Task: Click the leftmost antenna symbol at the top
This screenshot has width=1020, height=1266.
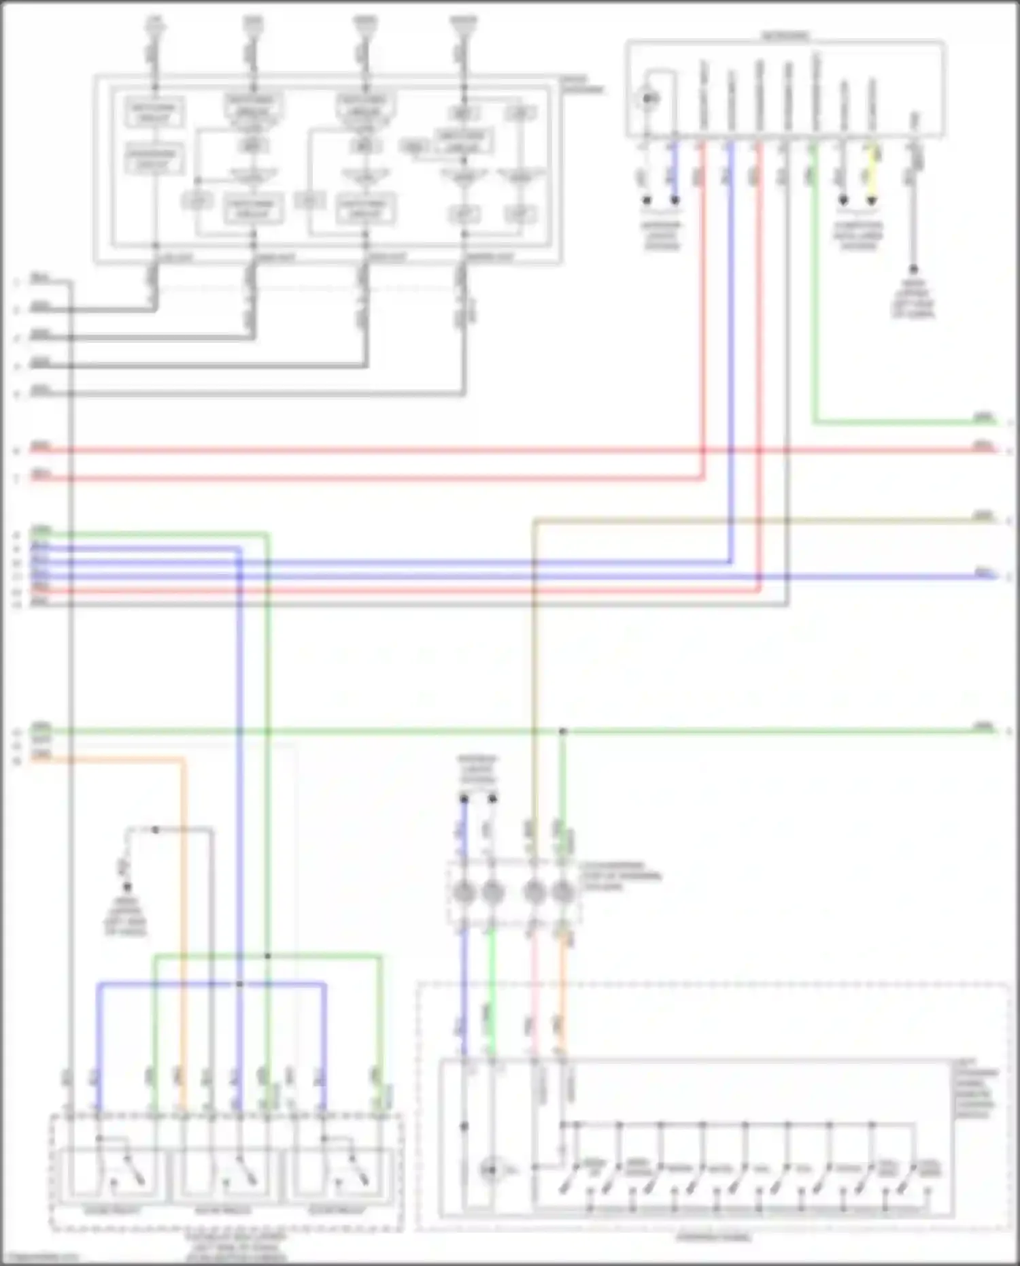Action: [x=154, y=24]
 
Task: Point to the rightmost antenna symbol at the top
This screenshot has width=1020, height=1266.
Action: [x=463, y=24]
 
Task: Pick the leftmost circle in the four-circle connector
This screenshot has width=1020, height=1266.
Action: [x=464, y=890]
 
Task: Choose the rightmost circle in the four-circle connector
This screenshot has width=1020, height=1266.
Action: [x=562, y=890]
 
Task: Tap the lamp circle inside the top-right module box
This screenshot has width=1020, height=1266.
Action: [x=649, y=99]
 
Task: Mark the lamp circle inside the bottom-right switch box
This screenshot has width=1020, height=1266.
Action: [x=490, y=1170]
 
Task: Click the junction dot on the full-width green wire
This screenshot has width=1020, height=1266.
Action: [x=562, y=731]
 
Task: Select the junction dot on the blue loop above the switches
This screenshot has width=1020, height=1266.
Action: [x=239, y=984]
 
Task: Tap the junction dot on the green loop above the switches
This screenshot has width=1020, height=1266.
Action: [x=267, y=956]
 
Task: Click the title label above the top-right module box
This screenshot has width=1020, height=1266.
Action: [x=785, y=34]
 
